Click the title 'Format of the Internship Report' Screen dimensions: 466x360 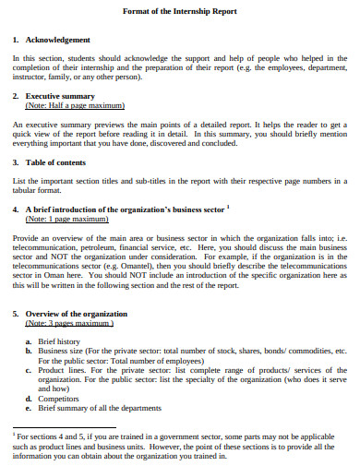point(180,11)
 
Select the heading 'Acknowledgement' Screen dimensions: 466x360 point(58,40)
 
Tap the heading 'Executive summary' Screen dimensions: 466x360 point(61,96)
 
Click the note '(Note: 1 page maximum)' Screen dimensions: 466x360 point(67,220)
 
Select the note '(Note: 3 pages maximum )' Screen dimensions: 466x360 point(69,324)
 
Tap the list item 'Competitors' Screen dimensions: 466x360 point(57,398)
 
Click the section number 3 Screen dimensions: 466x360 point(16,162)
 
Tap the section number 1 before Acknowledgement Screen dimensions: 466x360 point(16,40)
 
